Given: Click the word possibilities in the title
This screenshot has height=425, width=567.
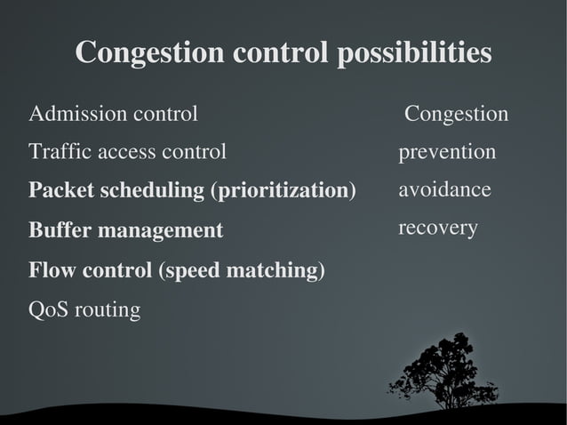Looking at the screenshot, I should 413,52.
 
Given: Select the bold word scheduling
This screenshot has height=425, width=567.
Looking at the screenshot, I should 150,192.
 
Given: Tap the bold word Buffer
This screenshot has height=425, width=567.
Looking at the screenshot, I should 60,231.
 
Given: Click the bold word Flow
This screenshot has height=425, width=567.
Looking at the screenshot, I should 51,269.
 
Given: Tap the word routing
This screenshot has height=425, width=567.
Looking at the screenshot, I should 108,311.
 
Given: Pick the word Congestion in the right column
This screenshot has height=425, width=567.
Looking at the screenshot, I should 457,115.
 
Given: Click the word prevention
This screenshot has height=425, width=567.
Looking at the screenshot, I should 447,153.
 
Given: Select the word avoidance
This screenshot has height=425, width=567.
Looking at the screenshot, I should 444,190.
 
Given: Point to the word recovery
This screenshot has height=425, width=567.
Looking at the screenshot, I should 438,229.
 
